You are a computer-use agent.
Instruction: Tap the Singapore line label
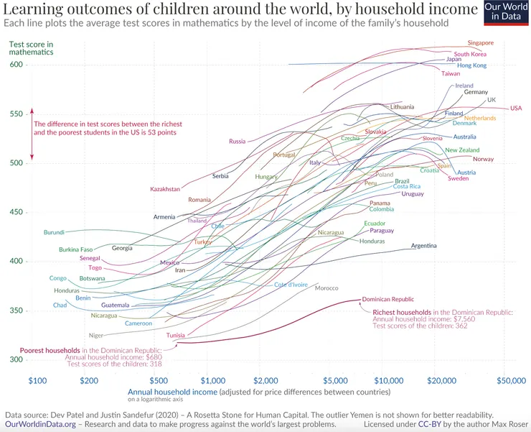pyautogui.click(x=480, y=43)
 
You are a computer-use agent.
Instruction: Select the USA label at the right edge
pyautogui.click(x=515, y=108)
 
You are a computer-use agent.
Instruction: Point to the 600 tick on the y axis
pyautogui.click(x=17, y=65)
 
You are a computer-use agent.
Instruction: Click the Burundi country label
pyautogui.click(x=54, y=232)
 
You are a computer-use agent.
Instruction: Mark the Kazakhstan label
pyautogui.click(x=165, y=189)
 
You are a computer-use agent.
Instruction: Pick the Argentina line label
pyautogui.click(x=423, y=246)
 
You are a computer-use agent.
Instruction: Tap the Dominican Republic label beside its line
pyautogui.click(x=387, y=299)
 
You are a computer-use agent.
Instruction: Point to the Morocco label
pyautogui.click(x=326, y=288)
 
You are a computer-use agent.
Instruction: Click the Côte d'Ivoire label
pyautogui.click(x=290, y=285)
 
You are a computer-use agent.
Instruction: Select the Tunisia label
pyautogui.click(x=176, y=336)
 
